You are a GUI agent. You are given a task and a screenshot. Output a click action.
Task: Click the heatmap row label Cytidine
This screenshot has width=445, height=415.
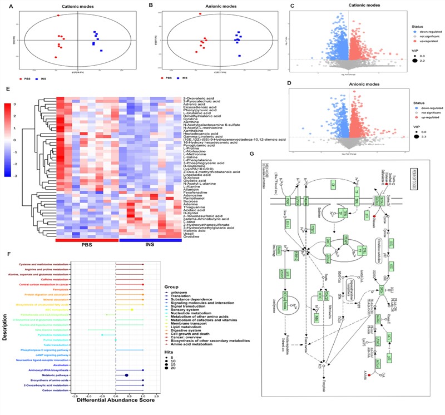point(190,118)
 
